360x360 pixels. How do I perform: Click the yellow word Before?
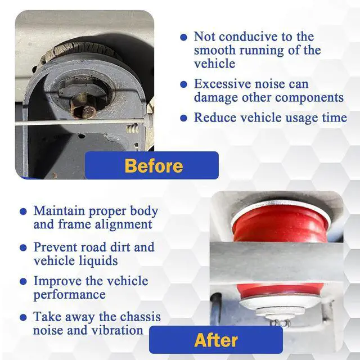154,166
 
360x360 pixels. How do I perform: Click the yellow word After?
216,340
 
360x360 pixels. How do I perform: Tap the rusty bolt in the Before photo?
82,106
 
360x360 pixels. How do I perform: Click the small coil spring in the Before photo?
133,128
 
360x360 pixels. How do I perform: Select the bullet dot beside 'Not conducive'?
183,37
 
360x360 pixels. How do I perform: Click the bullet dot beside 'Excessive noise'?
183,84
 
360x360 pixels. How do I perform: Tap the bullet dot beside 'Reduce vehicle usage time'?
183,118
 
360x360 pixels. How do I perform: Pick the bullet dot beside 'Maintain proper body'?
23,211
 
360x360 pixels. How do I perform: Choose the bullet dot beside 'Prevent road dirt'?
23,247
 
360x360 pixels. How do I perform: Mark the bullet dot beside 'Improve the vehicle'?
23,281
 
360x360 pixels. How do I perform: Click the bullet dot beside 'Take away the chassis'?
23,317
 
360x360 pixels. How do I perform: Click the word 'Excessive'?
222,84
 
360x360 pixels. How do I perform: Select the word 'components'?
309,97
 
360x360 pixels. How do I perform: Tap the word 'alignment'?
123,224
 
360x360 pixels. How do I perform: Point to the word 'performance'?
70,295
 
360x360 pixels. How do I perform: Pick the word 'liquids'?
97,261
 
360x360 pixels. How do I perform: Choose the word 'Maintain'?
59,211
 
